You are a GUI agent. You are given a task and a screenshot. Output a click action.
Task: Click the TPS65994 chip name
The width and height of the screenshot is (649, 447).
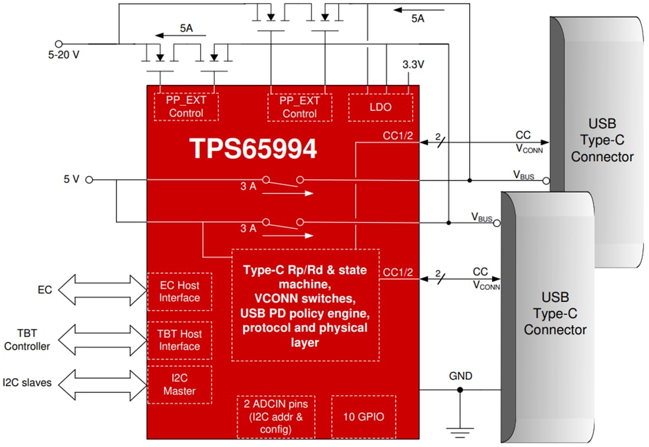pos(253,149)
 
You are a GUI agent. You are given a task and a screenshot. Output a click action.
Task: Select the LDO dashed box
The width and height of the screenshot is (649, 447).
pos(380,107)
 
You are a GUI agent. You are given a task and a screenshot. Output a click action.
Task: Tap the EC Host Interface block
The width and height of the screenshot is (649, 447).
pos(179,291)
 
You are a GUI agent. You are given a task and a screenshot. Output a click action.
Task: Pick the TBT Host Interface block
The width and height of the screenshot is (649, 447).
pos(179,340)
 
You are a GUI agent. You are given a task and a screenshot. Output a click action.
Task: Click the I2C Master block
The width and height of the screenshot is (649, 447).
pos(179,384)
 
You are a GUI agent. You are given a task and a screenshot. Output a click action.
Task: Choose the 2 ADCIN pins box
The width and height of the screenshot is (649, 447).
pos(276,416)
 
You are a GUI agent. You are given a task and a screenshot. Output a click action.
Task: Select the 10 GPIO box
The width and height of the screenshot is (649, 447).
pos(363,417)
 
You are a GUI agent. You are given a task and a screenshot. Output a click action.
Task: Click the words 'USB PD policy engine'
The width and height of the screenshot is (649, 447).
pos(305,313)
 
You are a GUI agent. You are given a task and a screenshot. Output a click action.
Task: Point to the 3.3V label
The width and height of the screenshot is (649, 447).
pos(413,65)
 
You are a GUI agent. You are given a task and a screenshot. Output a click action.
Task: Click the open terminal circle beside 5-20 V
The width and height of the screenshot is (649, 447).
pos(58,44)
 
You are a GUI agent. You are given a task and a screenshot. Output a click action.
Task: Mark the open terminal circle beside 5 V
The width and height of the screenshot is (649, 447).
pos(89,179)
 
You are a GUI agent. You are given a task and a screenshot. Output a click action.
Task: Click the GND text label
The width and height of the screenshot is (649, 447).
pos(460,376)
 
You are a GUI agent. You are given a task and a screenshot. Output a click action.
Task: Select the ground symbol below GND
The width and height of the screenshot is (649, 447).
pos(460,432)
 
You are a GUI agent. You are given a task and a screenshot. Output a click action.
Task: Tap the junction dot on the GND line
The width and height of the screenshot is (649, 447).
pos(460,390)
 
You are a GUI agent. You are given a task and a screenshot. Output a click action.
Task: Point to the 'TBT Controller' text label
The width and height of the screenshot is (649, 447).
pos(27,340)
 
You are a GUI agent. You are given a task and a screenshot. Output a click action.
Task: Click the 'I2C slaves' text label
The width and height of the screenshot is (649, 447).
pos(27,383)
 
